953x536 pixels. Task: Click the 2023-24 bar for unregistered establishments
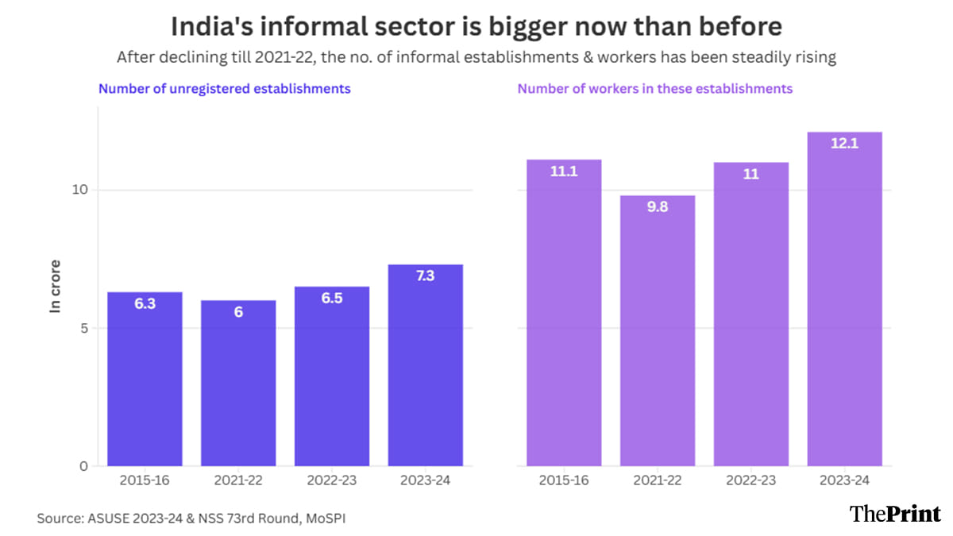[x=425, y=365]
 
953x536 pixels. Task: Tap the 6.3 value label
[x=145, y=303]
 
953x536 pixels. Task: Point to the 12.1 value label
[x=845, y=144]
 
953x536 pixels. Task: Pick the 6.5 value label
[x=332, y=299]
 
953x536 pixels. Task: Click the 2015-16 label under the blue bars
[x=145, y=480]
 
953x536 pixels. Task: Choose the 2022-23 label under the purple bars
[x=751, y=480]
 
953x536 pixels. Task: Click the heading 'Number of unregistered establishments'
[x=225, y=89]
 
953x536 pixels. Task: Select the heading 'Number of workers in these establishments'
[x=655, y=89]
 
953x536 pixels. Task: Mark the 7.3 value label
[x=425, y=276]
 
